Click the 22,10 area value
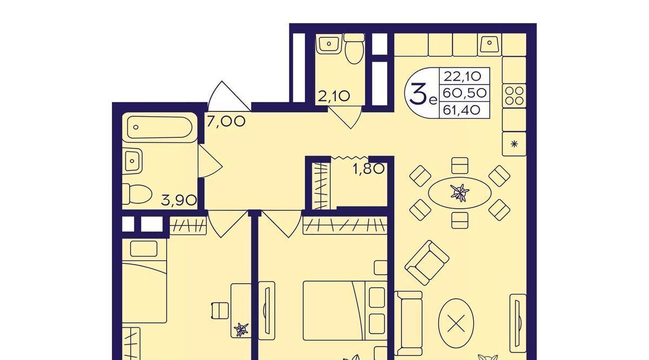462,76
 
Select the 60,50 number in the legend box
465,94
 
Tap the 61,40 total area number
462,110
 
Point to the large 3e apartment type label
423,94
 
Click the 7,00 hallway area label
226,122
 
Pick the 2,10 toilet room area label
334,96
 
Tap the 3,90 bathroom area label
179,200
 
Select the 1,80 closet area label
368,169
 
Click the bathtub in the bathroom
160,128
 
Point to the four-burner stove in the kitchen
514,96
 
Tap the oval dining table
460,192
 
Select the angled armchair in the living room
427,262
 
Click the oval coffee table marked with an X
456,323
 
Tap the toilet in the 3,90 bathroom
137,194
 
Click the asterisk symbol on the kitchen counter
514,144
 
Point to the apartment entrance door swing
229,96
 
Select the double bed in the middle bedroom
345,310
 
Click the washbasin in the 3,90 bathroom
133,161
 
